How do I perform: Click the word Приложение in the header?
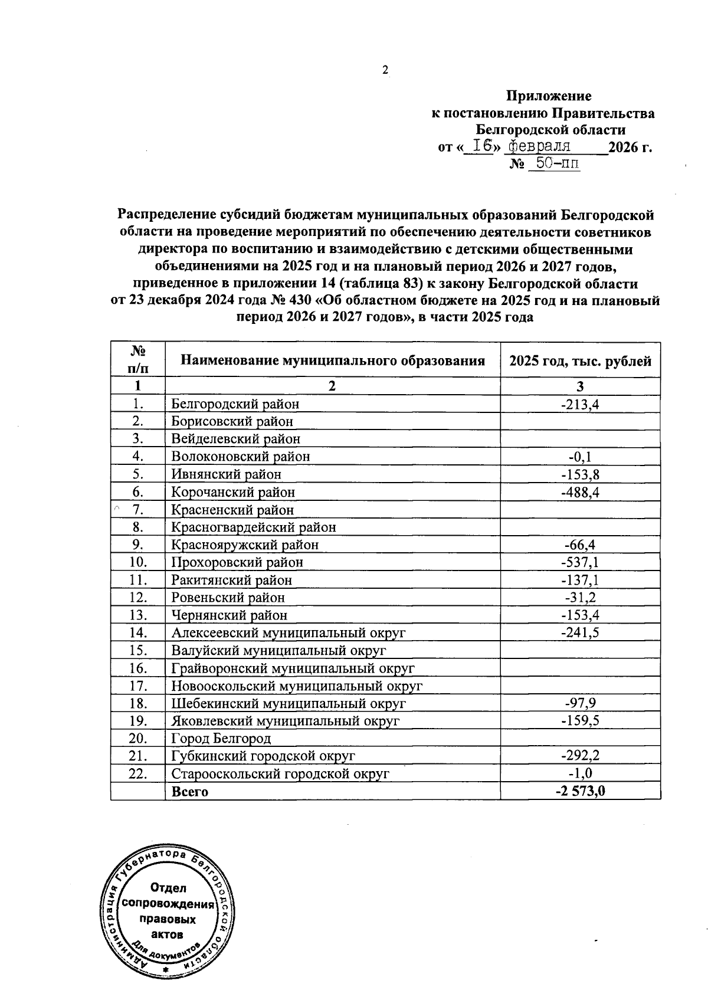click(x=549, y=96)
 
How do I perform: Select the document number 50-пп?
click(x=554, y=163)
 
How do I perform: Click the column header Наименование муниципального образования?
click(x=332, y=360)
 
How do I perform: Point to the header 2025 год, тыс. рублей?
click(x=580, y=360)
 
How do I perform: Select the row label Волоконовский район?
click(x=240, y=456)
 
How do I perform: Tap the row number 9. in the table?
click(x=139, y=545)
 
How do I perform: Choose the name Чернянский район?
click(x=230, y=615)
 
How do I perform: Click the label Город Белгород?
click(x=221, y=738)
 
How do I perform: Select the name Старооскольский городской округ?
click(x=280, y=773)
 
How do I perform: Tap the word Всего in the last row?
click(x=189, y=791)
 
